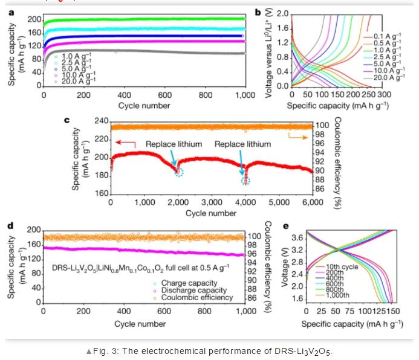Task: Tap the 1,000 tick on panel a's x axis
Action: point(244,95)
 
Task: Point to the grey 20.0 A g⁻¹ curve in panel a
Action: point(151,51)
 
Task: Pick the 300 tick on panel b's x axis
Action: point(384,95)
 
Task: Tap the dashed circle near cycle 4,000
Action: point(245,181)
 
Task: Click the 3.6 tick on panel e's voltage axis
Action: point(296,238)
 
